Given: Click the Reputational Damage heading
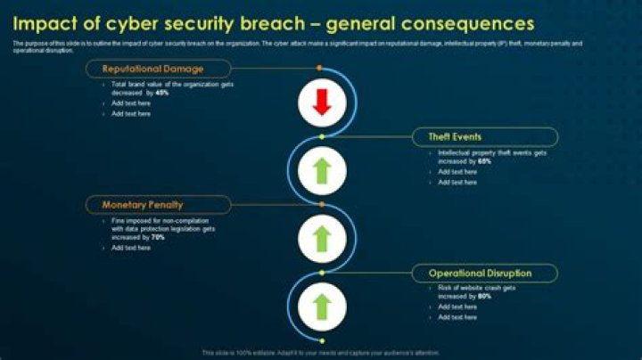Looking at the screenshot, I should [152, 69].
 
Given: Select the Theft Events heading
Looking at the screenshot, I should [455, 136].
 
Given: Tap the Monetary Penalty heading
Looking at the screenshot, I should [142, 205].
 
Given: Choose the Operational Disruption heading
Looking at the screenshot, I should [480, 273].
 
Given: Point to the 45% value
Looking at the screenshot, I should [161, 92].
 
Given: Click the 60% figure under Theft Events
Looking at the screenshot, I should [484, 161].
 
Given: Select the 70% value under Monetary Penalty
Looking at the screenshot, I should [158, 238].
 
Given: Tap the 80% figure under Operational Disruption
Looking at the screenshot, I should [484, 296].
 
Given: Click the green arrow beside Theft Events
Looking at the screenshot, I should [322, 168].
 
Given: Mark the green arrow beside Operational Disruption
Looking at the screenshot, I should [322, 306].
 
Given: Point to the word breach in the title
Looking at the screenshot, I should [267, 22].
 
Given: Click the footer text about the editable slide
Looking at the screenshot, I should [321, 352].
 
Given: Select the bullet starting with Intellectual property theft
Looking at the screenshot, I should [491, 157].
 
